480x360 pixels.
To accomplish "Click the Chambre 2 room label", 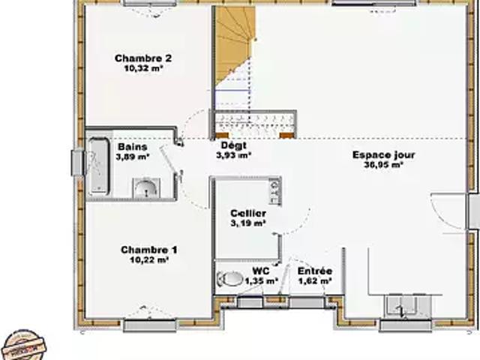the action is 143,58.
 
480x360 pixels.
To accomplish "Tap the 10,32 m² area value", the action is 143,68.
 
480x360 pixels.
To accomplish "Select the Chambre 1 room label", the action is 149,250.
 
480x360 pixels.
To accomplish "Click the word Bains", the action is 133,147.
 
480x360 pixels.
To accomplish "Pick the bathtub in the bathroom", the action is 98,166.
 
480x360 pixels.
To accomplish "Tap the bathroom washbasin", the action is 146,187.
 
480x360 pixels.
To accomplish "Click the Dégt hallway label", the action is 234,145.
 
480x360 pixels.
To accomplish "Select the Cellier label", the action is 248,213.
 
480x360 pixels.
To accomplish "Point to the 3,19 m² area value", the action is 248,223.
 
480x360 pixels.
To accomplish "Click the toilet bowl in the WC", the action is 229,278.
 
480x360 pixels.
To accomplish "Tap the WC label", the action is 261,271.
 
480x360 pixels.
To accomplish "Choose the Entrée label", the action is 315,271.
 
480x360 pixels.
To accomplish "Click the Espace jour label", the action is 383,155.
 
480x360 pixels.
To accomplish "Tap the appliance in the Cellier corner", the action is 275,191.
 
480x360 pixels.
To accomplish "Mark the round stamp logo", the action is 25,345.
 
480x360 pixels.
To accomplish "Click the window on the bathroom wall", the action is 77,162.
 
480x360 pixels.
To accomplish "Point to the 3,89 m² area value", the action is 133,157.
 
